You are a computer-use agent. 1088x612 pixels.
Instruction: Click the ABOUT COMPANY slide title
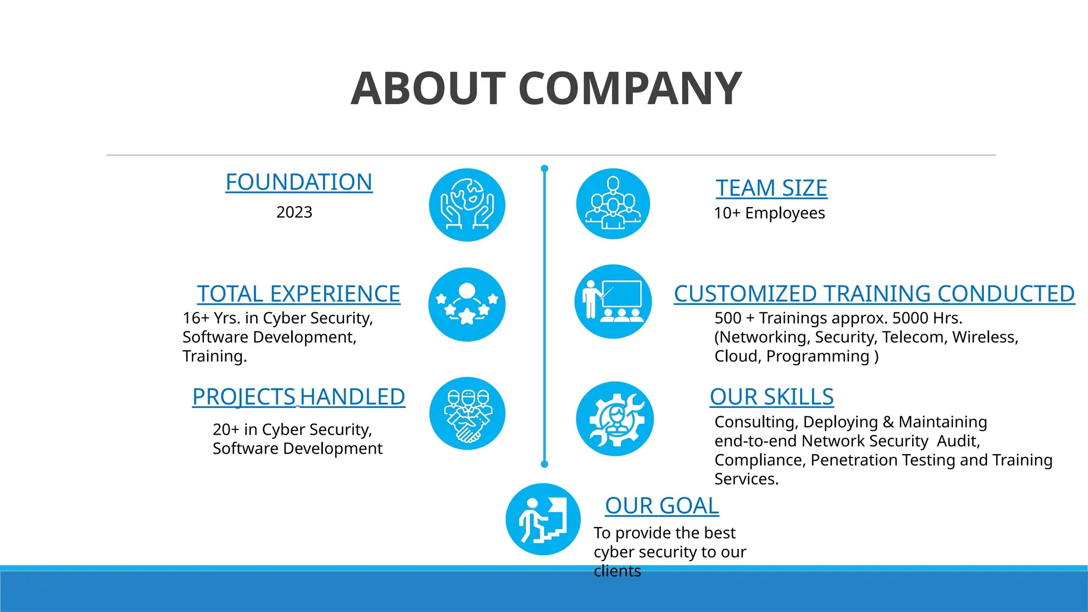coord(546,89)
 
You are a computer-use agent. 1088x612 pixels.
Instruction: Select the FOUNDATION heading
coord(299,182)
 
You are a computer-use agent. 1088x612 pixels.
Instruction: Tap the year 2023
coord(294,212)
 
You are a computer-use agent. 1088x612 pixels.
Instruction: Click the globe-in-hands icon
coord(467,205)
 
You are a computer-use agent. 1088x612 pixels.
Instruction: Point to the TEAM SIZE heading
coord(771,188)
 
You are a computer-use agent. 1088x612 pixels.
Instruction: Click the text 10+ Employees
coord(769,213)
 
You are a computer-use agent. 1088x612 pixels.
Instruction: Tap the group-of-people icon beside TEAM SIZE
coord(613,204)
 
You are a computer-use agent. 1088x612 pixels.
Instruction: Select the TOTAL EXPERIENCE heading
coord(299,294)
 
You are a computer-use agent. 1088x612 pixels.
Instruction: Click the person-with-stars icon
coord(467,304)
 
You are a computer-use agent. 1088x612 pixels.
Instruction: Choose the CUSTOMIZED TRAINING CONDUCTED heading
coord(874,294)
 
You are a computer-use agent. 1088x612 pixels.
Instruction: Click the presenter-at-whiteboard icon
coord(613,302)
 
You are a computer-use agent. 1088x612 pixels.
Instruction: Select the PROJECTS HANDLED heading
coord(299,397)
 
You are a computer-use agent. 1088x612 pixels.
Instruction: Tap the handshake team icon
coord(467,414)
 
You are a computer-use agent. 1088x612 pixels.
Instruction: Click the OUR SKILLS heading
coord(771,397)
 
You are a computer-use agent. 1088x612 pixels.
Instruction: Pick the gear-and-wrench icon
coord(615,419)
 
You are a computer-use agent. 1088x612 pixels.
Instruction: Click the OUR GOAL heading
coord(662,506)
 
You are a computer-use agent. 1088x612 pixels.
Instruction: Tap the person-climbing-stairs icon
coord(543,520)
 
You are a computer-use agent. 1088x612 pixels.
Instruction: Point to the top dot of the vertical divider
coord(545,168)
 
